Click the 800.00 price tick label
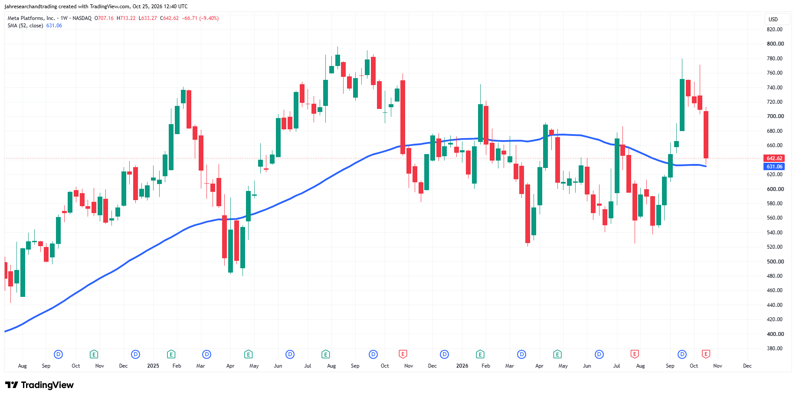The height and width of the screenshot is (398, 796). [x=775, y=44]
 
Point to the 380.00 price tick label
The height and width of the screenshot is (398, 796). [x=775, y=349]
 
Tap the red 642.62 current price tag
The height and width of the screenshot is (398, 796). [x=774, y=158]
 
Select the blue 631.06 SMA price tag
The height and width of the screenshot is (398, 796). [x=774, y=167]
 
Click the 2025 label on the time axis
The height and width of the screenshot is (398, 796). [x=153, y=366]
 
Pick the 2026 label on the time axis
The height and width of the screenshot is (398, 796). [x=462, y=366]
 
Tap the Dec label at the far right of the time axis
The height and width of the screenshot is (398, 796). [x=747, y=366]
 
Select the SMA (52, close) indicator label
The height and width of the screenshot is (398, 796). [x=25, y=26]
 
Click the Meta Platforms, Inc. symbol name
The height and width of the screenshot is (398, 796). [x=31, y=18]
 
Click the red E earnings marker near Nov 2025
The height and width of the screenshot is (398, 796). [x=403, y=354]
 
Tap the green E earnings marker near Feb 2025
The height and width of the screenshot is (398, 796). [x=171, y=354]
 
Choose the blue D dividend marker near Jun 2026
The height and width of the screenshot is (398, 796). [x=599, y=354]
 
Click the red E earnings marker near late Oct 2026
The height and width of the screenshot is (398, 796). [x=706, y=354]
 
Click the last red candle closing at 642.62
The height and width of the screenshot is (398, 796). [x=706, y=135]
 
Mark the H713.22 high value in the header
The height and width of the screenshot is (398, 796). [x=126, y=18]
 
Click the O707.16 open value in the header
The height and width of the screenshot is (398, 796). [x=104, y=18]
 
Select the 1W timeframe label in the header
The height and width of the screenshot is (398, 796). [x=64, y=18]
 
